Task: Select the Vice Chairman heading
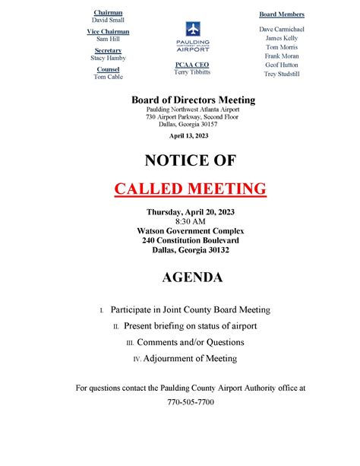[x=107, y=32]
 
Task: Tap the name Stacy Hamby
[x=107, y=58]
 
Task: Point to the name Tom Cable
[x=107, y=77]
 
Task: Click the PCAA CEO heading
[x=191, y=65]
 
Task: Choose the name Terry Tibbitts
[x=191, y=73]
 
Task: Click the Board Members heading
[x=282, y=14]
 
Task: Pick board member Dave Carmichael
[x=282, y=29]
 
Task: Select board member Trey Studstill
[x=282, y=74]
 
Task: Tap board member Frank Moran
[x=282, y=55]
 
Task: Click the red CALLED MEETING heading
[x=190, y=188]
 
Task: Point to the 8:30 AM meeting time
[x=191, y=221]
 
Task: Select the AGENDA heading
[x=192, y=278]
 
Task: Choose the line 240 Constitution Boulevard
[x=191, y=239]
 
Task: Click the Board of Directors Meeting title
[x=193, y=100]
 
